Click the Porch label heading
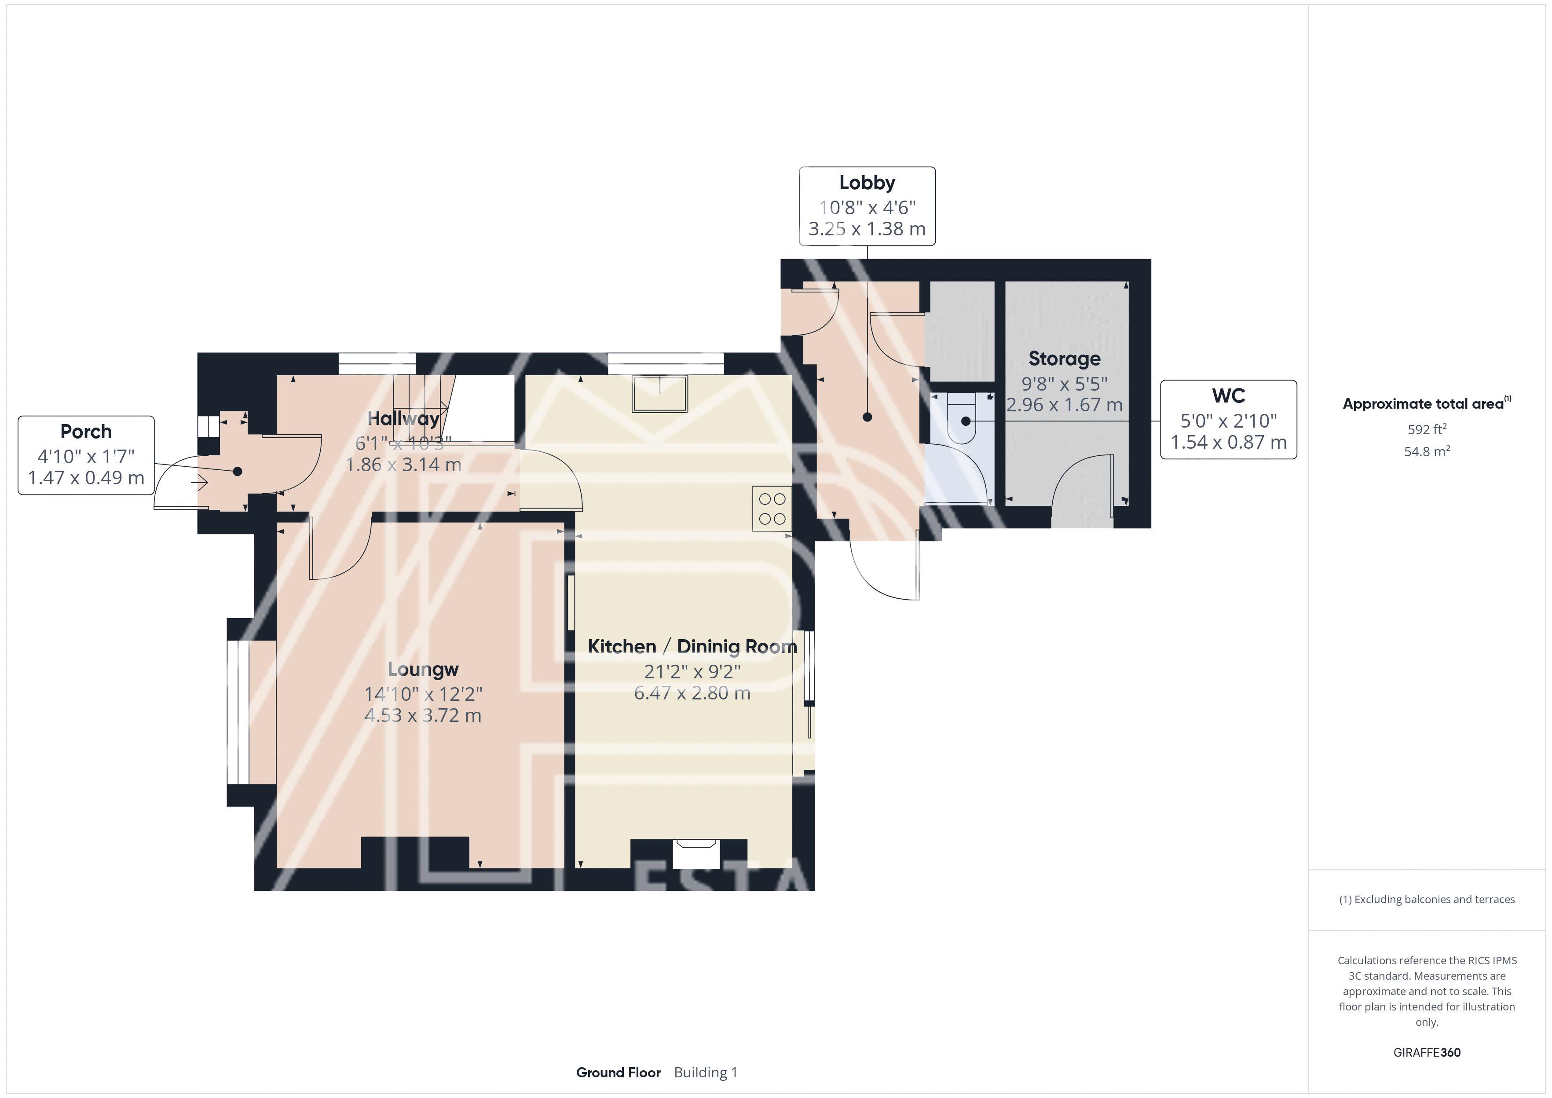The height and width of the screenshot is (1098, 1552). point(86,432)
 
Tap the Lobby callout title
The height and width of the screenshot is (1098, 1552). point(867,183)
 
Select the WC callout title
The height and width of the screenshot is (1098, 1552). point(1228,395)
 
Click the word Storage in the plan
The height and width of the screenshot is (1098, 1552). point(1064,359)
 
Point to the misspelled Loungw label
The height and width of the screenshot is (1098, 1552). point(423,670)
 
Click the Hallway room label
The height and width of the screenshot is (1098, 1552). point(403,418)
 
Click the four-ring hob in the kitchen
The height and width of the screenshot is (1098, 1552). point(772,509)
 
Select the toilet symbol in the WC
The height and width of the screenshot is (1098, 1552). point(961,419)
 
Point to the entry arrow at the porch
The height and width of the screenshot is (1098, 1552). point(199,483)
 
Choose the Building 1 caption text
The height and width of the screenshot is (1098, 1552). point(706,1072)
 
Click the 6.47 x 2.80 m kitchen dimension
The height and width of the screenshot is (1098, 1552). point(692,693)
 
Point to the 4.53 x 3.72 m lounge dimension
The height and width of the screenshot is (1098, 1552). point(423,715)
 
